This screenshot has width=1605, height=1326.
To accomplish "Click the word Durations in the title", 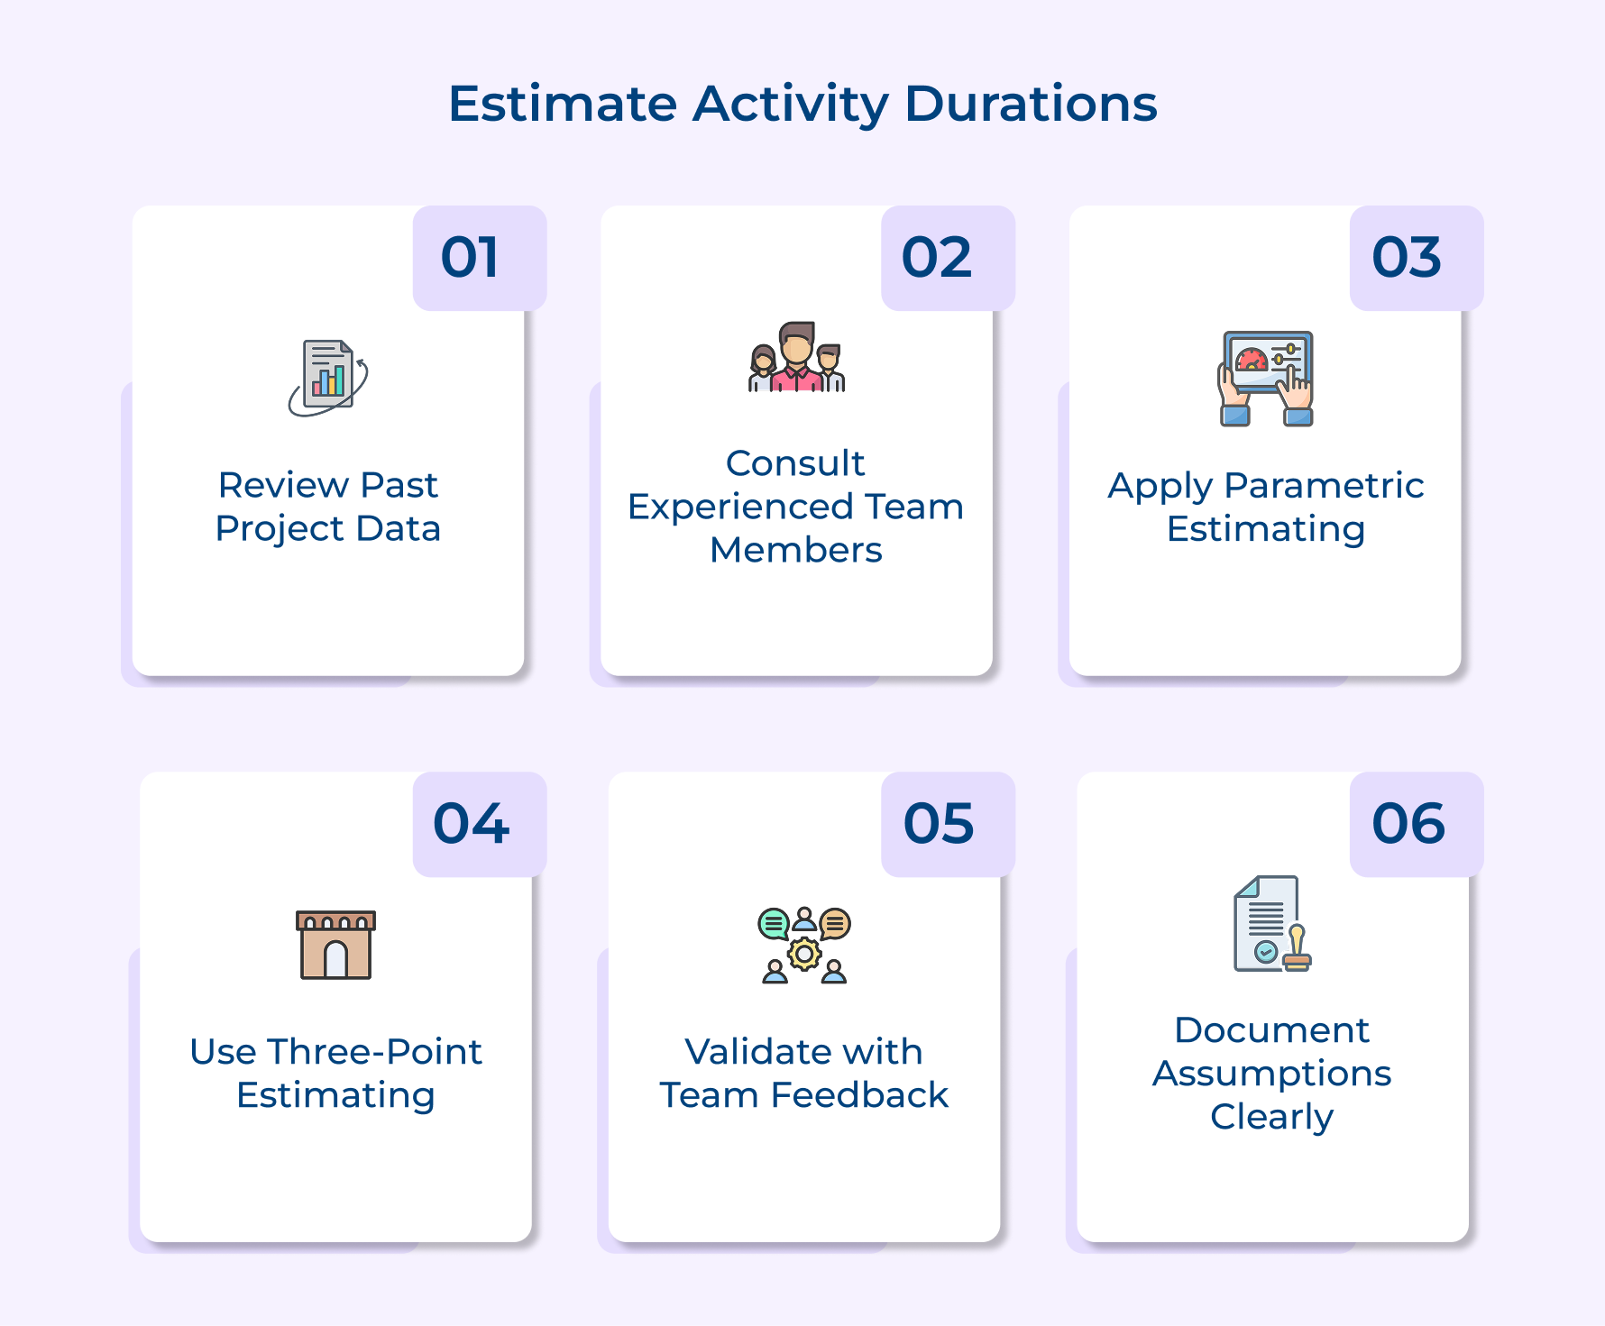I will (x=1031, y=104).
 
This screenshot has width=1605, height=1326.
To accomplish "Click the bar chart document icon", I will (x=328, y=378).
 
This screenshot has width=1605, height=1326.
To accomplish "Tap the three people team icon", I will (x=796, y=358).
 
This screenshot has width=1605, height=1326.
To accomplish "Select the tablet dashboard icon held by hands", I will (x=1266, y=378).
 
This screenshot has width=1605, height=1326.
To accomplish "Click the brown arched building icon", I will (x=335, y=945).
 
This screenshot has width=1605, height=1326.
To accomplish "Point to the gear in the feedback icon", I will (x=804, y=954).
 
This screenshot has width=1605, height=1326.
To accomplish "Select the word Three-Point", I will (x=374, y=1052).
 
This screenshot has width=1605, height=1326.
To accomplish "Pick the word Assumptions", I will (x=1271, y=1074).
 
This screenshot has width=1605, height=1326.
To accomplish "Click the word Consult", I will (x=795, y=463).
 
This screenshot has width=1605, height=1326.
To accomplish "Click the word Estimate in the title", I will (x=563, y=104).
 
